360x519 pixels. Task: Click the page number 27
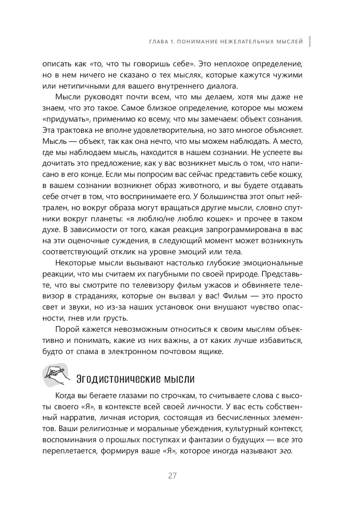point(172,476)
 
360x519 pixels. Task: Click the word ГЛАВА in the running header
point(159,42)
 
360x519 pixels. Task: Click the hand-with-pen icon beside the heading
point(55,375)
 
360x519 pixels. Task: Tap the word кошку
point(291,174)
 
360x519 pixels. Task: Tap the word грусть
point(115,318)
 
